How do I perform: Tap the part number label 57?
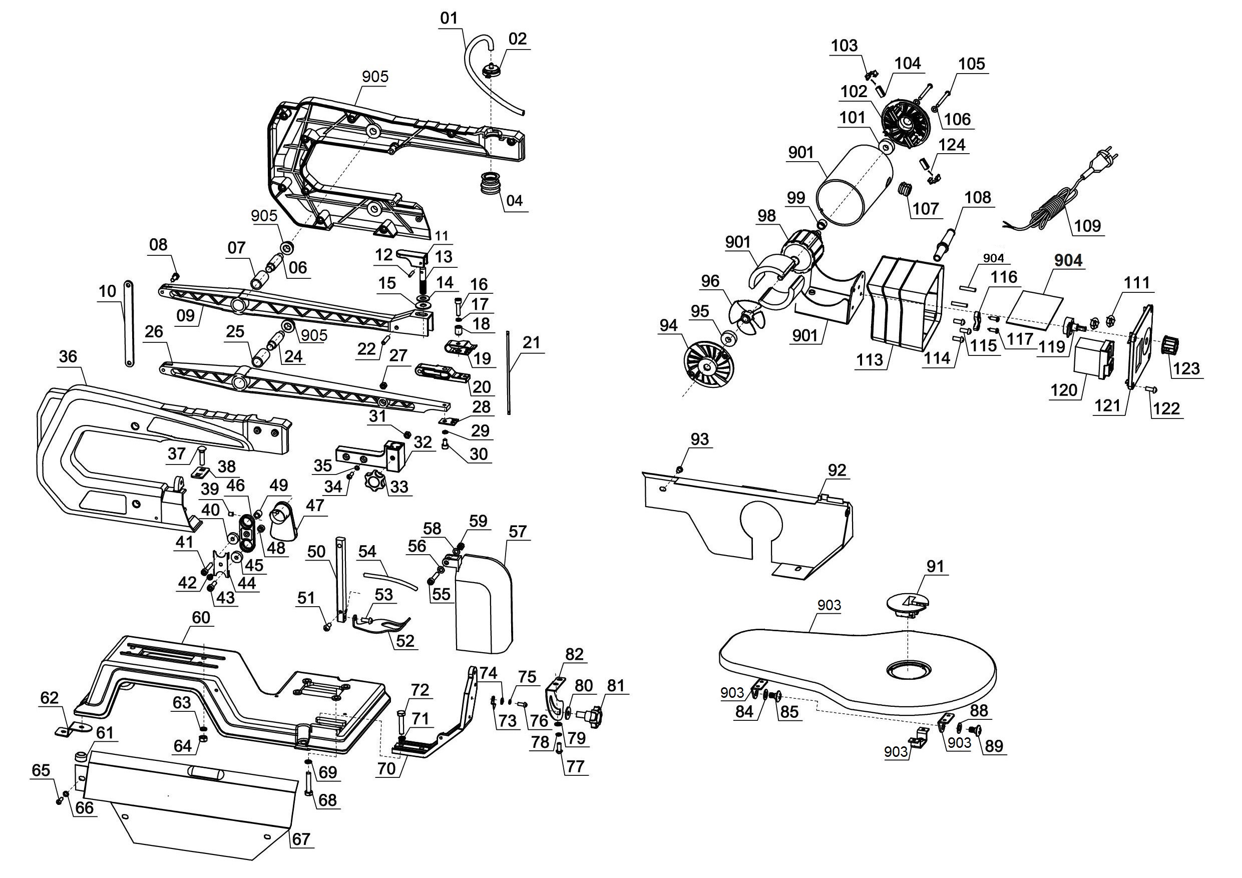[x=517, y=531]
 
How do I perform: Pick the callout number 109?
[x=1088, y=226]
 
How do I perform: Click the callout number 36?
[x=68, y=356]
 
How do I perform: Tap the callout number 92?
[x=837, y=470]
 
